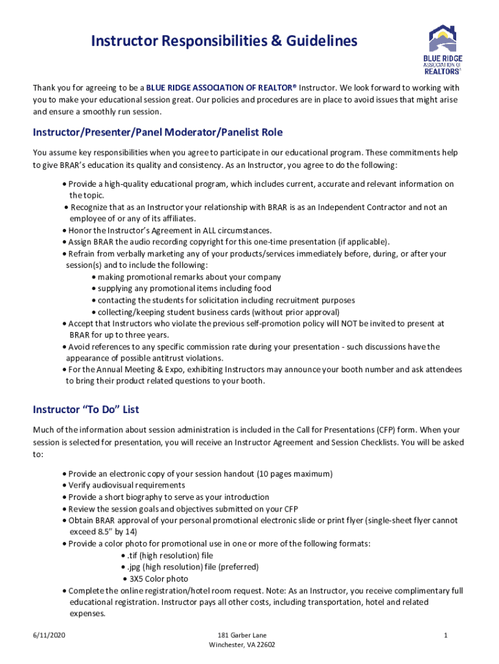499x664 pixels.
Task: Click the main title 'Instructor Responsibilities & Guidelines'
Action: [224, 41]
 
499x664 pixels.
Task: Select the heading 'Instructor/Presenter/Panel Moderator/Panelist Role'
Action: [157, 132]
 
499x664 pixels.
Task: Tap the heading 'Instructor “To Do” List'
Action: [86, 409]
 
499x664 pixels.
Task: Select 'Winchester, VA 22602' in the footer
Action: [242, 645]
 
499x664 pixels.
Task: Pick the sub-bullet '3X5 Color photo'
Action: [159, 578]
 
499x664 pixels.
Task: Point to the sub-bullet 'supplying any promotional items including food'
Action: [184, 289]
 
